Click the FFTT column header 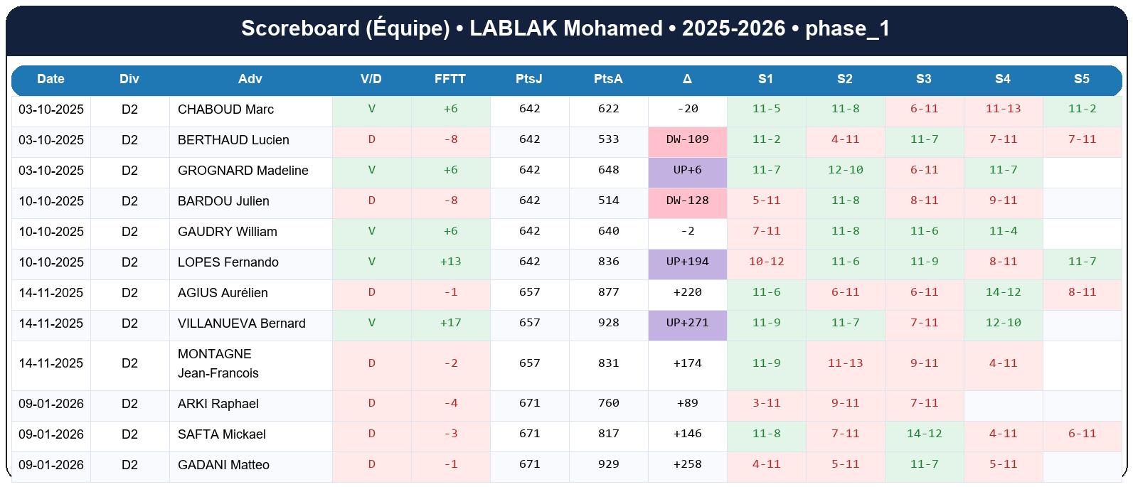(x=450, y=79)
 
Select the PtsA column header (x=608, y=79)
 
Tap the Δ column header (x=687, y=79)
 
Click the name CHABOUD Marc (x=225, y=109)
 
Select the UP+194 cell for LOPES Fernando (x=687, y=262)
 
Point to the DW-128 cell (x=687, y=200)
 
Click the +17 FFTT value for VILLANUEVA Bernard (x=450, y=323)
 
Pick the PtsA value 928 (x=608, y=323)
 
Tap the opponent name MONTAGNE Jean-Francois (x=218, y=363)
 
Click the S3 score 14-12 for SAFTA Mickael (x=924, y=434)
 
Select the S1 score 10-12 (x=766, y=262)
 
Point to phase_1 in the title (x=847, y=28)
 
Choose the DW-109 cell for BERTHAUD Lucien (x=687, y=139)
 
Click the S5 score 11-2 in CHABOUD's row (x=1082, y=109)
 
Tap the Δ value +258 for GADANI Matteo (x=687, y=464)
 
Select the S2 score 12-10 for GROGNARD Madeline (x=845, y=170)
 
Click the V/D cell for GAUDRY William (x=371, y=231)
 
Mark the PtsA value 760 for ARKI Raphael (x=608, y=403)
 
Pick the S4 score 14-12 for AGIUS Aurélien (x=1003, y=292)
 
